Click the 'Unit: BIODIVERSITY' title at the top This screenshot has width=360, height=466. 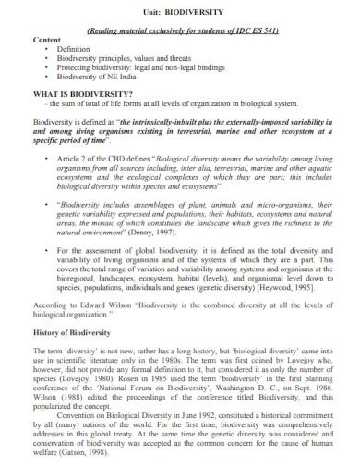coord(180,12)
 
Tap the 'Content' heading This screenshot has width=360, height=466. coord(46,40)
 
